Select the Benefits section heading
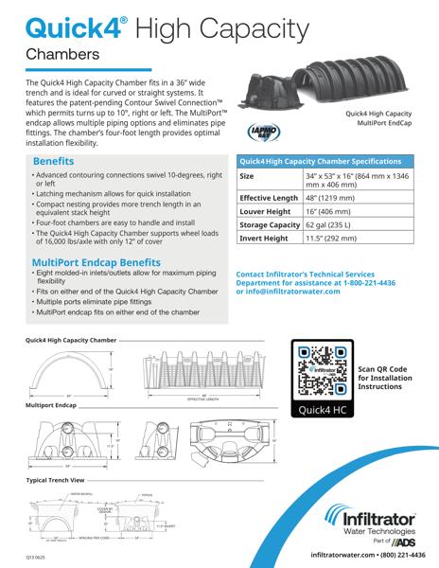59,162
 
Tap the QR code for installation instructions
321,372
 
